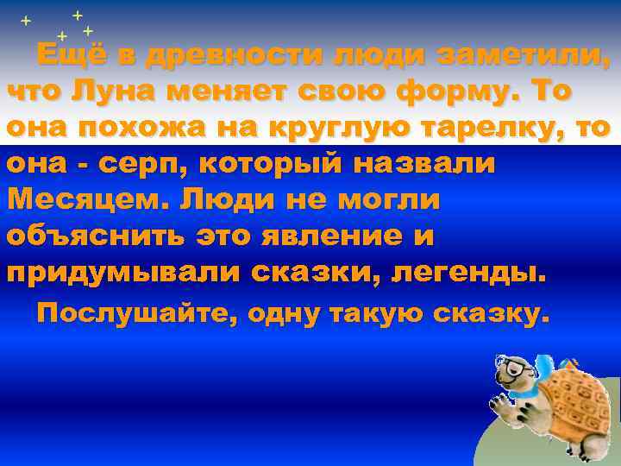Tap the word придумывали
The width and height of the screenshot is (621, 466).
click(123, 272)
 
